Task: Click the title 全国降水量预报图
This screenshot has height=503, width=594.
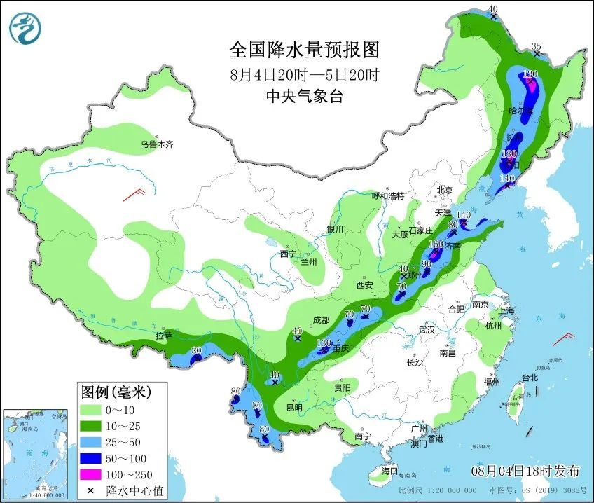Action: click(x=304, y=50)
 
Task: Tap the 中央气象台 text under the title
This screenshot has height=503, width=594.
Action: click(x=304, y=97)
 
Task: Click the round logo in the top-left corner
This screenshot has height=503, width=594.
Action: click(x=25, y=28)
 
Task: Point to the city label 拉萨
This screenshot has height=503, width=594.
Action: click(x=163, y=336)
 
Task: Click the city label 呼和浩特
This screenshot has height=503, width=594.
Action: click(x=387, y=196)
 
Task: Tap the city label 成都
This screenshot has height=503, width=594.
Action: click(x=321, y=320)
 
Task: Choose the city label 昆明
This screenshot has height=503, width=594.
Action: click(x=294, y=408)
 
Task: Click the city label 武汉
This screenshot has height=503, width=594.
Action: click(x=427, y=329)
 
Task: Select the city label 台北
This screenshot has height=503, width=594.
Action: click(x=530, y=378)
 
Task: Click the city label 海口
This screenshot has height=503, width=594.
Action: click(x=389, y=471)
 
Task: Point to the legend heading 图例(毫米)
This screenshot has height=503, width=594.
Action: click(x=115, y=390)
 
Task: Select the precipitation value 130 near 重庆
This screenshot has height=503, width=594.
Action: click(x=323, y=343)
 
